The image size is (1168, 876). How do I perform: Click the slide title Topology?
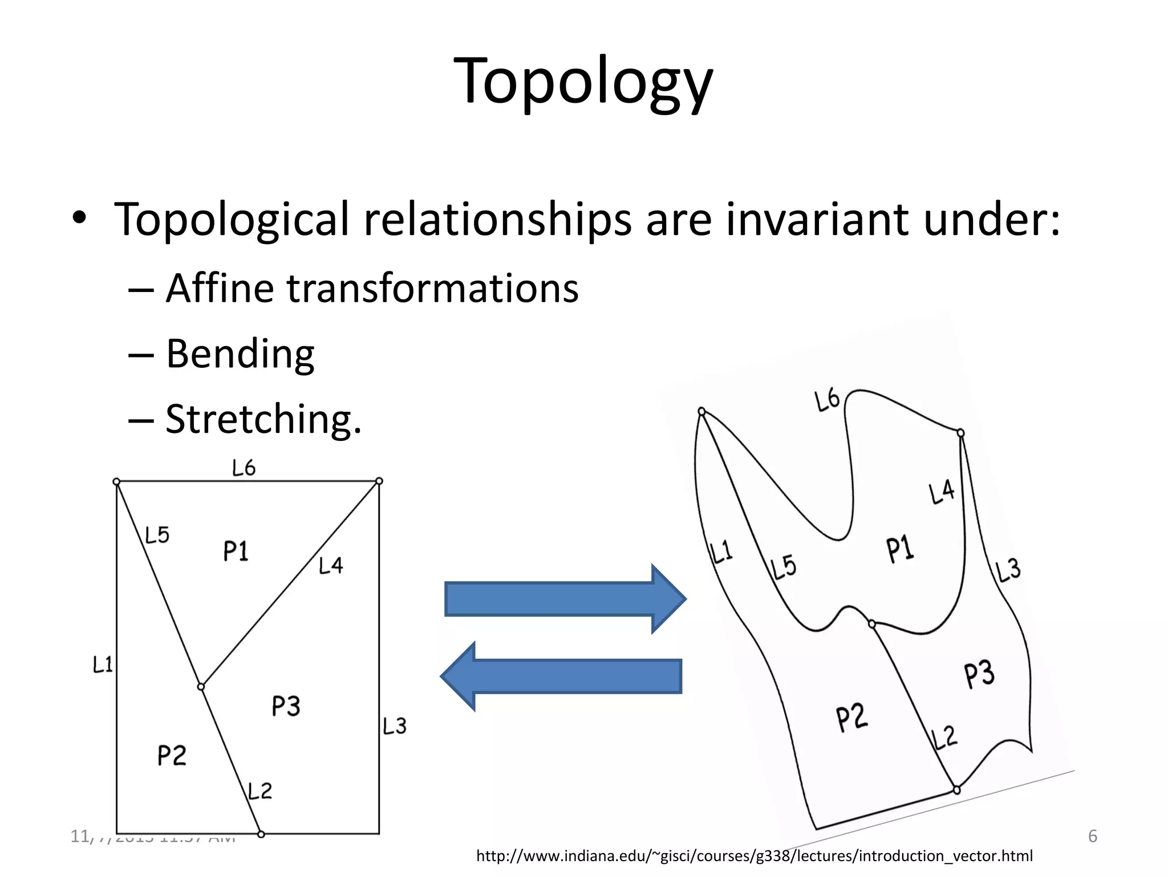(x=583, y=81)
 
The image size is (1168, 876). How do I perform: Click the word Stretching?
(x=263, y=419)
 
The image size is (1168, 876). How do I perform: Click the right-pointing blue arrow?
(x=565, y=599)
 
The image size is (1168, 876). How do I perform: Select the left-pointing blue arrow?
(x=562, y=676)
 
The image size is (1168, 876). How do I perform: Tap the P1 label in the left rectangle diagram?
(x=236, y=551)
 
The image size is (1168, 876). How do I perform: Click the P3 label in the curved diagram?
(x=979, y=674)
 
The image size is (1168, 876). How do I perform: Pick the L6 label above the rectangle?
(x=244, y=468)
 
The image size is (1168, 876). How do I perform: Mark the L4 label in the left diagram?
(x=331, y=565)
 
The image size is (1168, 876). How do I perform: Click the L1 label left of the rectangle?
(x=103, y=664)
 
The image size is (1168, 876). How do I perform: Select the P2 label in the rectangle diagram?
(x=172, y=756)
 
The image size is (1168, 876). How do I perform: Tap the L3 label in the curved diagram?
(x=1008, y=571)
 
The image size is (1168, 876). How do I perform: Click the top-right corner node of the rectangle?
(x=379, y=481)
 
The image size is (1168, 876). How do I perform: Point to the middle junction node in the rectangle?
(x=201, y=687)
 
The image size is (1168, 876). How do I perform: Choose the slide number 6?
(x=1093, y=837)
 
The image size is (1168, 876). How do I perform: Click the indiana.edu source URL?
(x=754, y=856)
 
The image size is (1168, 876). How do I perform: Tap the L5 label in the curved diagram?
(x=784, y=567)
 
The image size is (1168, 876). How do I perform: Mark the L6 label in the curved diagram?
(x=828, y=400)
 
